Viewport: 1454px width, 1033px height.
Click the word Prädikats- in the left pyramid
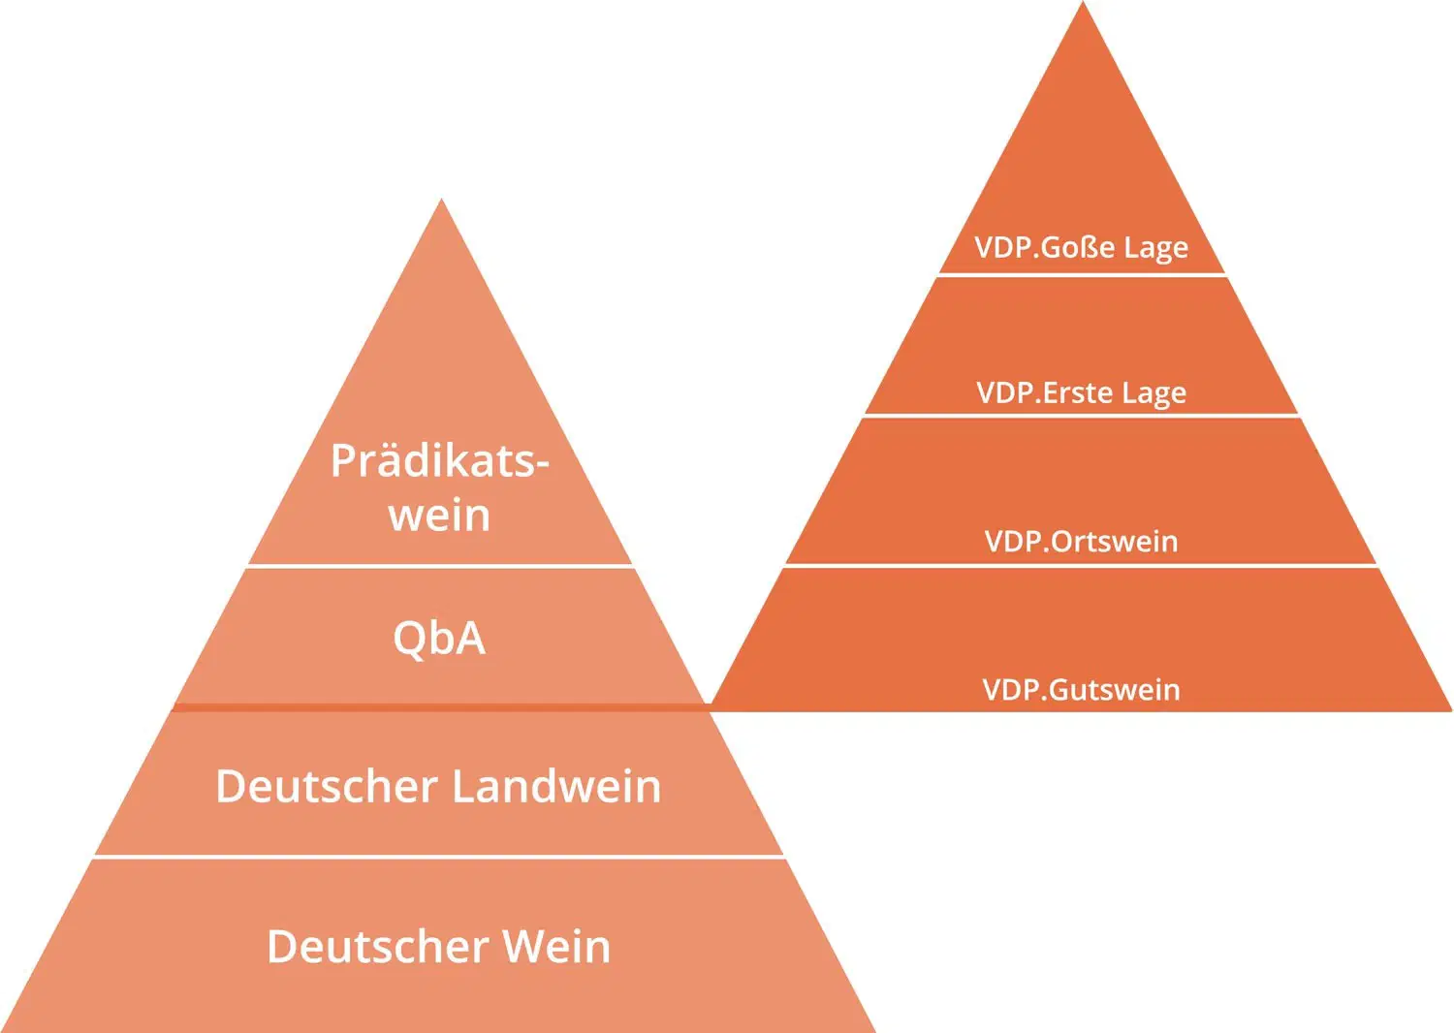click(440, 461)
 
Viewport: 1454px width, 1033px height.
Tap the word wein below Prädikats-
click(439, 516)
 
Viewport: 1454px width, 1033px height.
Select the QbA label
click(439, 639)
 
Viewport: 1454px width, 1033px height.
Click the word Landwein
click(556, 787)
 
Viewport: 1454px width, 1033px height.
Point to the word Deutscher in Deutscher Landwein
click(327, 787)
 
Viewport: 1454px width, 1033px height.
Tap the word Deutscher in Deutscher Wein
click(378, 947)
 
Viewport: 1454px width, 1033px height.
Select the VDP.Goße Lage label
click(1082, 248)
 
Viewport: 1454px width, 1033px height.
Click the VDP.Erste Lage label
click(1082, 393)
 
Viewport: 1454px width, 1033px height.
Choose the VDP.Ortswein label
click(1082, 542)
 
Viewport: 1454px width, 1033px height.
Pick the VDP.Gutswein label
click(1082, 690)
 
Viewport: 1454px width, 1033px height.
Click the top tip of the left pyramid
click(441, 199)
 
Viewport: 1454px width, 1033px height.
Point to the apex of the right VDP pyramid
click(1083, 1)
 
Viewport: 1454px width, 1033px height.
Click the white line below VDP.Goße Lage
click(1082, 275)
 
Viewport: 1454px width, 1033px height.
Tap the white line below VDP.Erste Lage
click(1082, 416)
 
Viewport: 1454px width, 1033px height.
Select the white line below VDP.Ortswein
click(1082, 566)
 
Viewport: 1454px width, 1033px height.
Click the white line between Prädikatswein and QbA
click(440, 567)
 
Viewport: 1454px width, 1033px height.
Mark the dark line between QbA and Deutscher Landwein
click(441, 707)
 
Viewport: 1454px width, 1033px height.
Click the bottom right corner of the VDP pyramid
click(1451, 710)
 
